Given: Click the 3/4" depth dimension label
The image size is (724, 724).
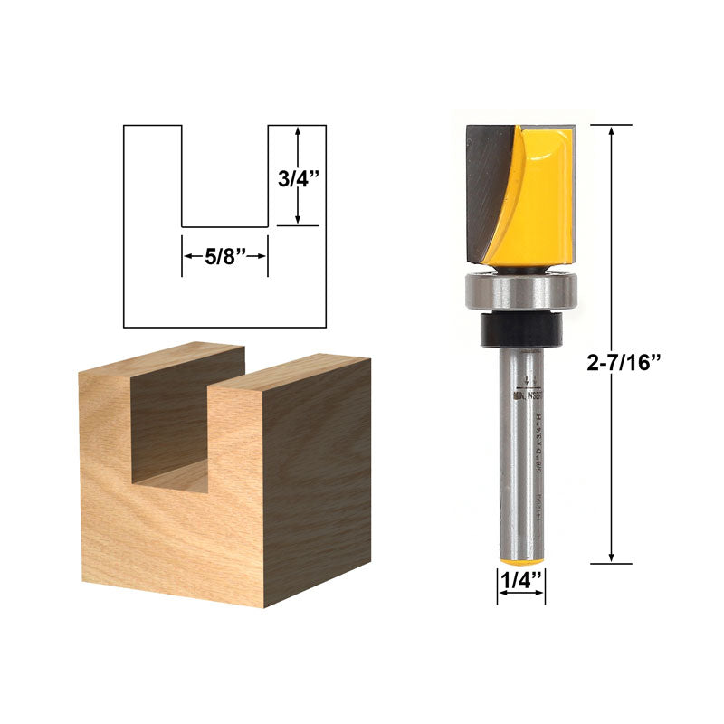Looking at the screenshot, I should [x=299, y=177].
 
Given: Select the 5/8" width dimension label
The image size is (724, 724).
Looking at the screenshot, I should [x=224, y=256].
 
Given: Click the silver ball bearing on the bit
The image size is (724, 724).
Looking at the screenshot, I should [x=519, y=291].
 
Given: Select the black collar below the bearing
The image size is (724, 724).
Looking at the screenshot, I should [x=519, y=329].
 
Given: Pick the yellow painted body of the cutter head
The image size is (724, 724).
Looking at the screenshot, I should [x=543, y=190].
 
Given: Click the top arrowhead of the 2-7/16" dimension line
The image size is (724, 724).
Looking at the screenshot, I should [x=614, y=130].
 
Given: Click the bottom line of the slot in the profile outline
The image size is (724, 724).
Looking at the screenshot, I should [x=224, y=226].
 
